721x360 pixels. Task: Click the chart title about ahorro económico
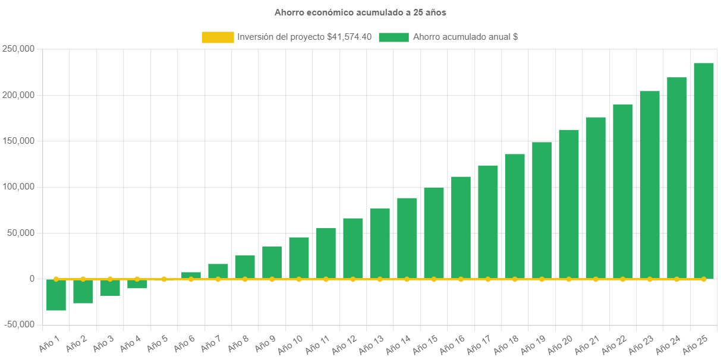pos(360,12)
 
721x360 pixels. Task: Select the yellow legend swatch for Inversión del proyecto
pos(218,37)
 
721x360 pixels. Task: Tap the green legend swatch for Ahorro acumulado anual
pos(393,37)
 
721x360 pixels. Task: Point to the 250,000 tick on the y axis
pos(18,49)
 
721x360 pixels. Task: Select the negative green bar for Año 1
pos(56,295)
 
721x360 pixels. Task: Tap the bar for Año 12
pos(353,248)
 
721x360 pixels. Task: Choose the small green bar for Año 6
pos(191,275)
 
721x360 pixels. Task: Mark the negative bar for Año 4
pos(137,284)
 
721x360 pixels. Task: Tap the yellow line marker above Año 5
pos(164,279)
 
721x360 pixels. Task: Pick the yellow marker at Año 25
pos(704,279)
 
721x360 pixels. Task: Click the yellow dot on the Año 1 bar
pos(56,279)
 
